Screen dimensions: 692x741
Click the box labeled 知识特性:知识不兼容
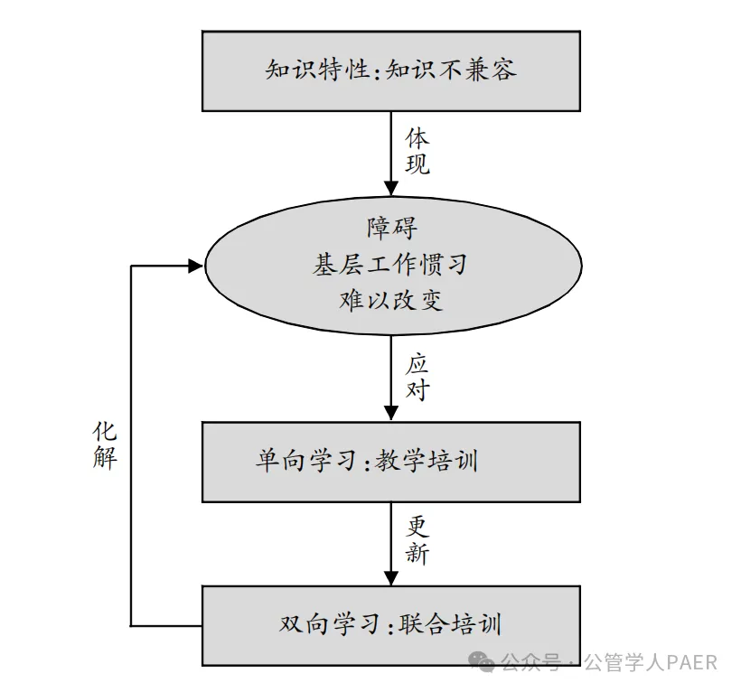tap(390, 70)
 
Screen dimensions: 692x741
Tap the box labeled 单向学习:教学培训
tap(390, 462)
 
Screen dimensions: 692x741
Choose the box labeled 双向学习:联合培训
tap(390, 625)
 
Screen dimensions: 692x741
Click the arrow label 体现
tap(417, 152)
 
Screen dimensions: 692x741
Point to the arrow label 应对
tap(417, 379)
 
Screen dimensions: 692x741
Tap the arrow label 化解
tap(105, 444)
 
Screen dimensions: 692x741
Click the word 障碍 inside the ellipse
tap(391, 228)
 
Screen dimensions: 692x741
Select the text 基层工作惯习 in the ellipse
tap(390, 265)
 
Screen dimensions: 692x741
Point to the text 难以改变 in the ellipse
tap(390, 301)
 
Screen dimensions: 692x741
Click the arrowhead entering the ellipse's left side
tap(195, 266)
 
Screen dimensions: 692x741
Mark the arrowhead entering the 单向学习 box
tap(390, 414)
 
